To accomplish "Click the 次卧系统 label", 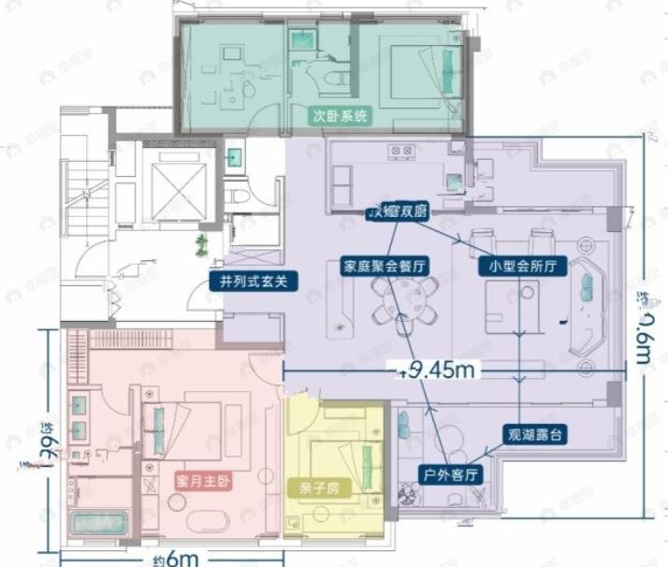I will tap(341, 117).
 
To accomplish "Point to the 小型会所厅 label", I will tap(522, 266).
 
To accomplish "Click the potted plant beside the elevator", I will tap(201, 246).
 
